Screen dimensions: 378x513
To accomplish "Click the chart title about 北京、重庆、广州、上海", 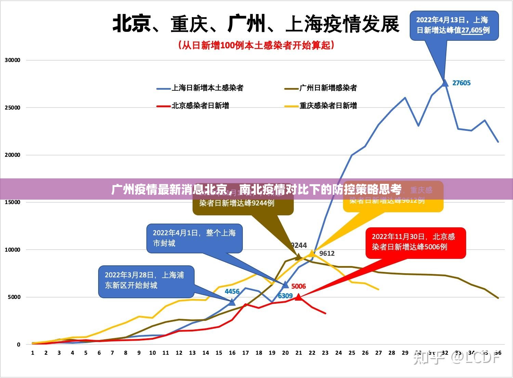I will (256, 24).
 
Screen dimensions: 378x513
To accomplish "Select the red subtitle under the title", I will (256, 45).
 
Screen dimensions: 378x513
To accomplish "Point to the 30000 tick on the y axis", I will (13, 60).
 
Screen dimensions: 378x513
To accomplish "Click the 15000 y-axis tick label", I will (13, 202).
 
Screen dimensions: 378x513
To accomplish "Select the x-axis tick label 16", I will (232, 353).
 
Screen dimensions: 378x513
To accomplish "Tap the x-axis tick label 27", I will (379, 353).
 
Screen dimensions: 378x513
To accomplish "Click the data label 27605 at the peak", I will (461, 83).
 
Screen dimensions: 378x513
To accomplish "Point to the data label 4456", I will (232, 291).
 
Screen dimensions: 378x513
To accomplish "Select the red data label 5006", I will (299, 286).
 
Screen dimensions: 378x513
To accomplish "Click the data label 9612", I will (327, 253).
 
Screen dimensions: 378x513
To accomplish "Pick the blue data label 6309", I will (285, 296).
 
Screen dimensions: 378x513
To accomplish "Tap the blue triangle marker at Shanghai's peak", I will (445, 83).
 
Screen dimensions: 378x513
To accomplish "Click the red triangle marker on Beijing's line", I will (299, 297).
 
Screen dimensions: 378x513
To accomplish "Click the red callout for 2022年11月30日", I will (416, 242).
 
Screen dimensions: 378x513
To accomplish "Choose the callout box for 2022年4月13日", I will (454, 25).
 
